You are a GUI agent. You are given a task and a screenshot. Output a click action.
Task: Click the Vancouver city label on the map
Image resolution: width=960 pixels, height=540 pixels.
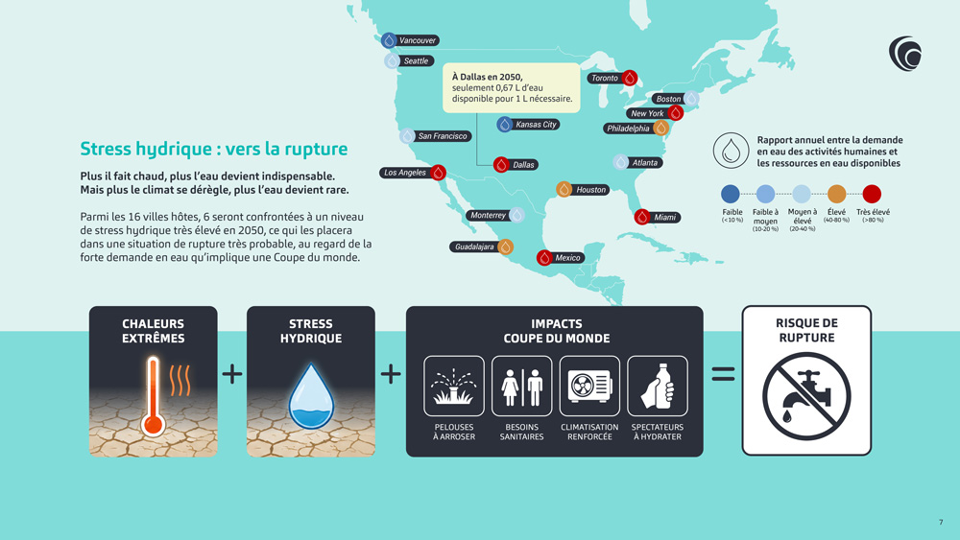pos(418,40)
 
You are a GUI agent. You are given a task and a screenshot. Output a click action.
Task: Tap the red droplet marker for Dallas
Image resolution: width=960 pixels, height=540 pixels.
pos(501,165)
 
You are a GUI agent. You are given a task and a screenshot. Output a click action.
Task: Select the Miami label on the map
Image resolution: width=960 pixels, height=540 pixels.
pos(665,217)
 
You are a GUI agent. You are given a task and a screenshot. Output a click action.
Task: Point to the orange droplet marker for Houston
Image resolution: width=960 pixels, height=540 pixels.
pos(564,190)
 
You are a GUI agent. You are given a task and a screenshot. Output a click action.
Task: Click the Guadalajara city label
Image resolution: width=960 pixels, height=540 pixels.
pos(474,247)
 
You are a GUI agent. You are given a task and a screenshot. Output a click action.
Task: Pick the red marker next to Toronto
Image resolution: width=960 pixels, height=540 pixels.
pos(630,78)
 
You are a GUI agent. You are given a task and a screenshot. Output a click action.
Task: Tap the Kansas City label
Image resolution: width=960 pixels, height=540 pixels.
pos(536,124)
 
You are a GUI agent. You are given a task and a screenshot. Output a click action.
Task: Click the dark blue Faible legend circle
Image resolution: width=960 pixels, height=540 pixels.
pos(731,194)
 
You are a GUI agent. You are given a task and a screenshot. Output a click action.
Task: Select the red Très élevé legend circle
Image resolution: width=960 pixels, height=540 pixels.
pos(872,194)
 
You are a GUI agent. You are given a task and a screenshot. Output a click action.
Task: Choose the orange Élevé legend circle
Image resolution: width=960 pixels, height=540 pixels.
pos(836,194)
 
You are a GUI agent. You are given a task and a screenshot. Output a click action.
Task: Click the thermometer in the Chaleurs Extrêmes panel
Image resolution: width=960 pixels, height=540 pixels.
pos(153,397)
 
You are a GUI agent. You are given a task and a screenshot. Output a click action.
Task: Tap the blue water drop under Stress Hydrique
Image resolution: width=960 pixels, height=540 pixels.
pos(311,396)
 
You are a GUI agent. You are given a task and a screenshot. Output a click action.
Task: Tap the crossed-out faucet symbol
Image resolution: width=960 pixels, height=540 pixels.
pos(806,396)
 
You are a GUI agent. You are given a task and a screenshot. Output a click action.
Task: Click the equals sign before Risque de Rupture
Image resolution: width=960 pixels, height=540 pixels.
pos(723,374)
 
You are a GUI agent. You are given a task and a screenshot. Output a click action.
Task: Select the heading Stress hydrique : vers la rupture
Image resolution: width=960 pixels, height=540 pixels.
pos(214,149)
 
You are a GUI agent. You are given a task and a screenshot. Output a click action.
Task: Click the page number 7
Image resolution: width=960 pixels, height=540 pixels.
pos(941,522)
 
